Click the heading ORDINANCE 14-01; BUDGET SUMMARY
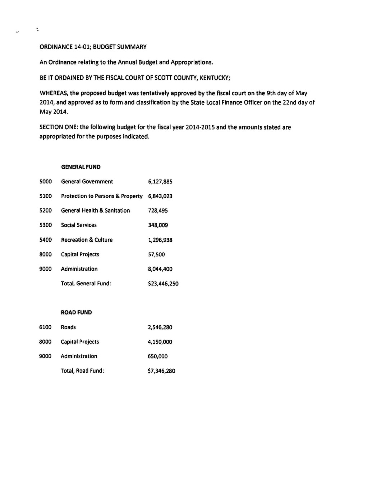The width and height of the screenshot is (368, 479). pos(93,47)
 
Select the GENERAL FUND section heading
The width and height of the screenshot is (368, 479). pos(80,167)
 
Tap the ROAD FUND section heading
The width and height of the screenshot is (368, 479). pos(76,312)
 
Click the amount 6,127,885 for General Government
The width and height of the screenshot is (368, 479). pos(160,182)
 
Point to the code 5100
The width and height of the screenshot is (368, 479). pos(46,196)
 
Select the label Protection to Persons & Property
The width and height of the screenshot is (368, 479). pos(102,196)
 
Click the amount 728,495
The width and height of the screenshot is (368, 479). pos(158,211)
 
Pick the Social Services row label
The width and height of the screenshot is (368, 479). pos(79,225)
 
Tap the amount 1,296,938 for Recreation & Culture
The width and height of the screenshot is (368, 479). pos(160,240)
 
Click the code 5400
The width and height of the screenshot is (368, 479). pos(46,240)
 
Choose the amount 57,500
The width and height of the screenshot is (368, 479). pos(156,255)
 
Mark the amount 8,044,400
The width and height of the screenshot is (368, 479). pos(160,269)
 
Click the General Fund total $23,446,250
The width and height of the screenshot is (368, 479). pos(163,284)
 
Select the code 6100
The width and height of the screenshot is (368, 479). pos(45,327)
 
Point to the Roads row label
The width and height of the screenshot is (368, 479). pos(68,327)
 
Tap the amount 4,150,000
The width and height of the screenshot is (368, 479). pos(160,342)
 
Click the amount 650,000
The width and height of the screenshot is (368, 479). pos(157,357)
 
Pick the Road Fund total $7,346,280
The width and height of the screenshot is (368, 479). pos(161,371)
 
